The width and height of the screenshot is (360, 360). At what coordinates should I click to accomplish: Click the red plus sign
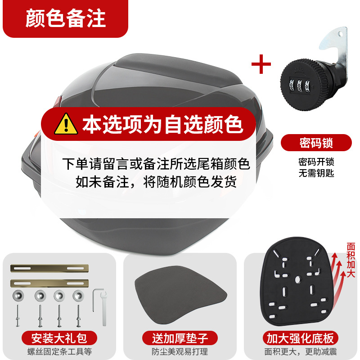click(261, 64)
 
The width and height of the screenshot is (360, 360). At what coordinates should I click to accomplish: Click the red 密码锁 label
click(316, 144)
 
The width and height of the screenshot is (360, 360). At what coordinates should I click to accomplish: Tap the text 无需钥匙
click(316, 173)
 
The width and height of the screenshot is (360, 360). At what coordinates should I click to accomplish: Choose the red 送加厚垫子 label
click(180, 337)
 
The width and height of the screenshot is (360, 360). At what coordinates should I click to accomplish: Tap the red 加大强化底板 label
click(301, 337)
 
